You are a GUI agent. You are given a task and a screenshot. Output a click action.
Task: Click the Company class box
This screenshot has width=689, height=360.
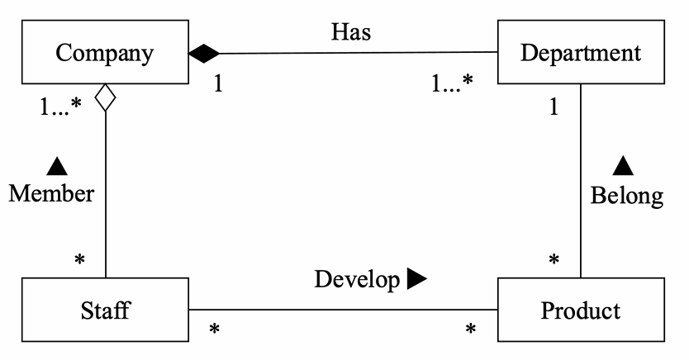pyautogui.click(x=104, y=54)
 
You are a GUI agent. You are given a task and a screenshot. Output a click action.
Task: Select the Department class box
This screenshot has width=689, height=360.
pyautogui.click(x=581, y=54)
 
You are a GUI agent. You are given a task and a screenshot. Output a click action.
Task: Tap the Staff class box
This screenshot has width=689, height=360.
pyautogui.click(x=106, y=310)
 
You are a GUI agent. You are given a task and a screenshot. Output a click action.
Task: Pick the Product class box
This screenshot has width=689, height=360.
pyautogui.click(x=580, y=310)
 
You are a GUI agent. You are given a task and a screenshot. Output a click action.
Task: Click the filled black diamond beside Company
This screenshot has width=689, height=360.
pyautogui.click(x=204, y=54)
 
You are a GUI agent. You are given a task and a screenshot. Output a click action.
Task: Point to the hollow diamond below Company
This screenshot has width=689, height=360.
pyautogui.click(x=105, y=98)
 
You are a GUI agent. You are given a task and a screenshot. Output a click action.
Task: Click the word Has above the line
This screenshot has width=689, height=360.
pyautogui.click(x=351, y=32)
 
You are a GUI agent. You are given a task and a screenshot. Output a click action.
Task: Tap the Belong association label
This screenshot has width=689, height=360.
pyautogui.click(x=626, y=196)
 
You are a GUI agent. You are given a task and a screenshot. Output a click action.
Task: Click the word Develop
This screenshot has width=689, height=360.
pyautogui.click(x=356, y=280)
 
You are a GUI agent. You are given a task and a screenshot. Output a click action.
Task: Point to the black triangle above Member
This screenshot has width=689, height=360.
pyautogui.click(x=56, y=166)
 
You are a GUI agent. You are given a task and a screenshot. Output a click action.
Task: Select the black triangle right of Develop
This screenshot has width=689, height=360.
pyautogui.click(x=416, y=280)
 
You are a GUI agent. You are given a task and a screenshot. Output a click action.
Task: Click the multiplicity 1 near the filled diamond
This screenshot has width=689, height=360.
pyautogui.click(x=218, y=84)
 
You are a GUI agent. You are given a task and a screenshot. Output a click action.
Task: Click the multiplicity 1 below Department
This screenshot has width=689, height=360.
pyautogui.click(x=554, y=107)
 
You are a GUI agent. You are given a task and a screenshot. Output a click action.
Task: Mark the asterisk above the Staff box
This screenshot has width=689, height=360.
pyautogui.click(x=80, y=261)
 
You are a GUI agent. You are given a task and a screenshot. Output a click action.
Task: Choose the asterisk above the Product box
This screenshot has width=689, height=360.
pyautogui.click(x=554, y=261)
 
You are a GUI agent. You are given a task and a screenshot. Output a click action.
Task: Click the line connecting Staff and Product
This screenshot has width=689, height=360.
pyautogui.click(x=344, y=310)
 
